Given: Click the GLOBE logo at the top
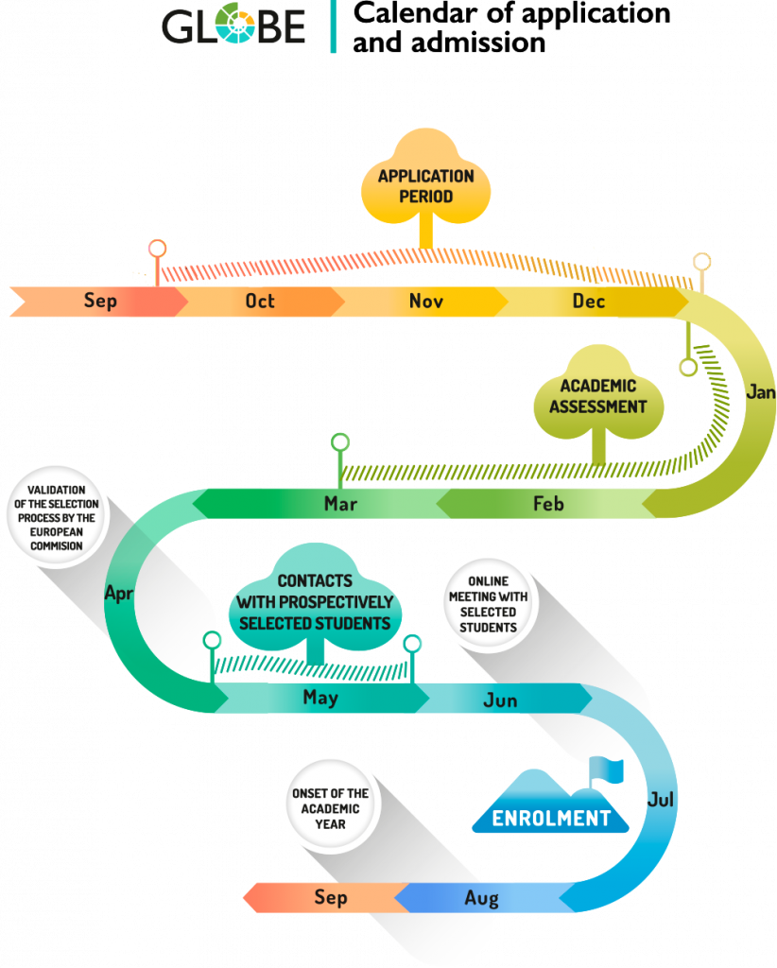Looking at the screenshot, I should pyautogui.click(x=233, y=26).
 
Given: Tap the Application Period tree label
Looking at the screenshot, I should pyautogui.click(x=426, y=186).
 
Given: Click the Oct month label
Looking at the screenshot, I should pyautogui.click(x=260, y=301).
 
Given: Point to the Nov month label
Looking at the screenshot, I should pyautogui.click(x=426, y=301).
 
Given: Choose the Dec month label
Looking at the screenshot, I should pyautogui.click(x=589, y=301).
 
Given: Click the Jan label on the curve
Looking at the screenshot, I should pyautogui.click(x=761, y=391).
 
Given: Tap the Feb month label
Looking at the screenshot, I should pyautogui.click(x=548, y=504).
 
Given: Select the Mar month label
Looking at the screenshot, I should pyautogui.click(x=340, y=504).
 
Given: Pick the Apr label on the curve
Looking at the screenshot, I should pyautogui.click(x=118, y=594).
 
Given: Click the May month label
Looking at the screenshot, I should pyautogui.click(x=320, y=698).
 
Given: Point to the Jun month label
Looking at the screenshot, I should pyautogui.click(x=500, y=700).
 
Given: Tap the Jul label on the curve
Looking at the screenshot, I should pyautogui.click(x=661, y=800).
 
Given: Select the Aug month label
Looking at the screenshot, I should pyautogui.click(x=481, y=898).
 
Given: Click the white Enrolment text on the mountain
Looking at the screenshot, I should pyautogui.click(x=551, y=819).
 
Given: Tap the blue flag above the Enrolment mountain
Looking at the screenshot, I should pyautogui.click(x=608, y=769).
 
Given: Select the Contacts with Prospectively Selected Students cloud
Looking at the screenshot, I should pyautogui.click(x=315, y=602).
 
